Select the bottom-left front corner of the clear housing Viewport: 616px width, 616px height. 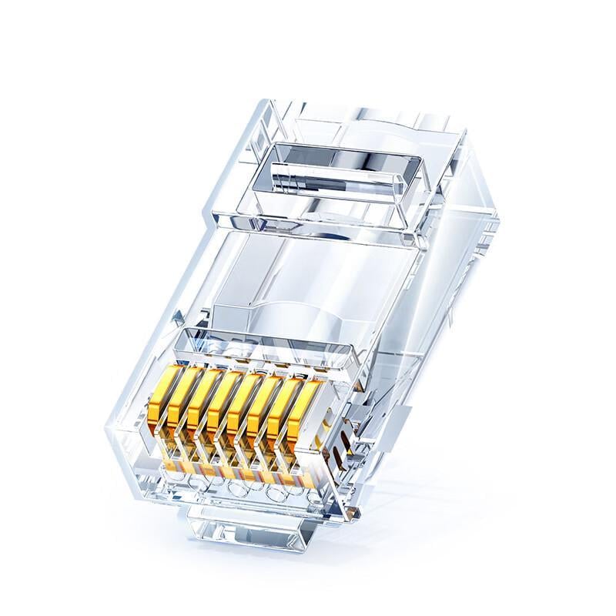coord(115,462)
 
